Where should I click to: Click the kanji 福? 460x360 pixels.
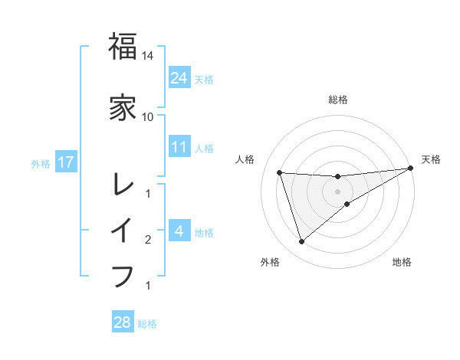point(123,47)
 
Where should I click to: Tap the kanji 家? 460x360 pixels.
point(123,108)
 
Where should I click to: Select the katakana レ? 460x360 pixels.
point(123,185)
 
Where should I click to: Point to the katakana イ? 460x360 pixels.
point(123,230)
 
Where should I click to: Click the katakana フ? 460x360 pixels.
point(123,275)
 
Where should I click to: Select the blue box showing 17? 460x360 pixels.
point(66,162)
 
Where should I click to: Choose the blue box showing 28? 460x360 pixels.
point(123,322)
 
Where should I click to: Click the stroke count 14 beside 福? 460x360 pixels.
point(148,56)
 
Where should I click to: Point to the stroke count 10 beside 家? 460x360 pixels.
point(148,116)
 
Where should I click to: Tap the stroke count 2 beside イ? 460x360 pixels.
point(148,241)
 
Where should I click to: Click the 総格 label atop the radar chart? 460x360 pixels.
point(338,100)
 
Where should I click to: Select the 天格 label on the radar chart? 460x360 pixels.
point(431,159)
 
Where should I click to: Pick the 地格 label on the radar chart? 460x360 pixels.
point(402,262)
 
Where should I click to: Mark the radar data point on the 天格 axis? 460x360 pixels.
point(412,169)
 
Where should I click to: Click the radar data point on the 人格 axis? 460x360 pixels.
point(280,172)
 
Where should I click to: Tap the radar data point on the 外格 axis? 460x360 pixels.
point(301,242)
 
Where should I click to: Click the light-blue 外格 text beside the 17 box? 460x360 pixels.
point(41,163)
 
